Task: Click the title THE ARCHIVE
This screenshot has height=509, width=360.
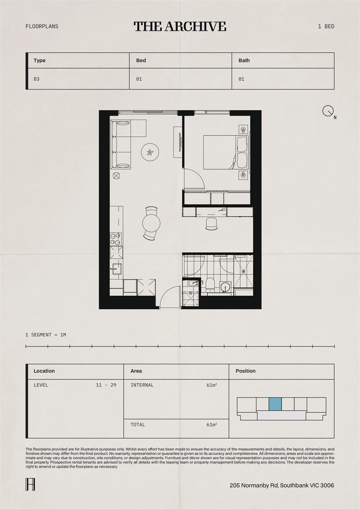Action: point(180,26)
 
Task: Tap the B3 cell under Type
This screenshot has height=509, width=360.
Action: point(37,79)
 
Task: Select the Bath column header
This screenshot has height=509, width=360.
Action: point(244,60)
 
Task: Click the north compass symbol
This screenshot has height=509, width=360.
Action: point(328,111)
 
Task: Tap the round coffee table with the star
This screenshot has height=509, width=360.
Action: point(150,152)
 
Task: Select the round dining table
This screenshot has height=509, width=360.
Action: point(151,223)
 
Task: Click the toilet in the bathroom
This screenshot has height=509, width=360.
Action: point(210,285)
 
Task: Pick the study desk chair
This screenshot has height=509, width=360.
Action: point(212,223)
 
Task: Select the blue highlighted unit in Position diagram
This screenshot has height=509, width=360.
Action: point(275,404)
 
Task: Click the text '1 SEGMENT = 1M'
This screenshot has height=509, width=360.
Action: point(46,335)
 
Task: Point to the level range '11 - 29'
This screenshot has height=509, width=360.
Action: point(106,385)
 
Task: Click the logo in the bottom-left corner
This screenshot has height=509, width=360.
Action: point(30,484)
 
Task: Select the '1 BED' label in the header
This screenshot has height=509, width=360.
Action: point(326,26)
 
